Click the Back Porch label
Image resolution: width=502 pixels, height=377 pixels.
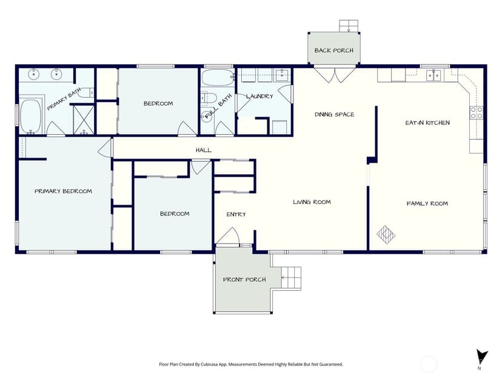coord(334,50)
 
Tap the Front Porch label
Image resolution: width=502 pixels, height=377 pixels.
coord(244,279)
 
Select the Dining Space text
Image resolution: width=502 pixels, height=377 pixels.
coord(334,115)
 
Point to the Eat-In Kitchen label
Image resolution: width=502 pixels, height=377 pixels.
coord(427,123)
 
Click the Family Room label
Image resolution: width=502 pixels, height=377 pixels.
coord(427,203)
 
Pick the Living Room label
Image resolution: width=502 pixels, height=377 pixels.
coord(312,202)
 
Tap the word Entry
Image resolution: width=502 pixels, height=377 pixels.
coord(236,214)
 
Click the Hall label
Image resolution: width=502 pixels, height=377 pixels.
coord(204,150)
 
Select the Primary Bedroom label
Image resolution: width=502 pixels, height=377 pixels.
coord(63,191)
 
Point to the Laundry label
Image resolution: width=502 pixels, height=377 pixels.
coord(259,96)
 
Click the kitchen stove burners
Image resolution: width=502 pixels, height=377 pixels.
coord(476,112)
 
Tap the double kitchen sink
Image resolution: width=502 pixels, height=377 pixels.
coord(434,75)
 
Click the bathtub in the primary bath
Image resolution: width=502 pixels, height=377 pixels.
coord(30,116)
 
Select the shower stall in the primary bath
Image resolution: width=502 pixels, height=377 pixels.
coord(84,119)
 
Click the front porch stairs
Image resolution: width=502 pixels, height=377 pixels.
coord(291,277)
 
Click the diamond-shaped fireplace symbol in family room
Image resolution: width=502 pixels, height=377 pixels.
coord(386,234)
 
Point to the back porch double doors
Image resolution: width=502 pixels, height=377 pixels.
coord(335,75)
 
